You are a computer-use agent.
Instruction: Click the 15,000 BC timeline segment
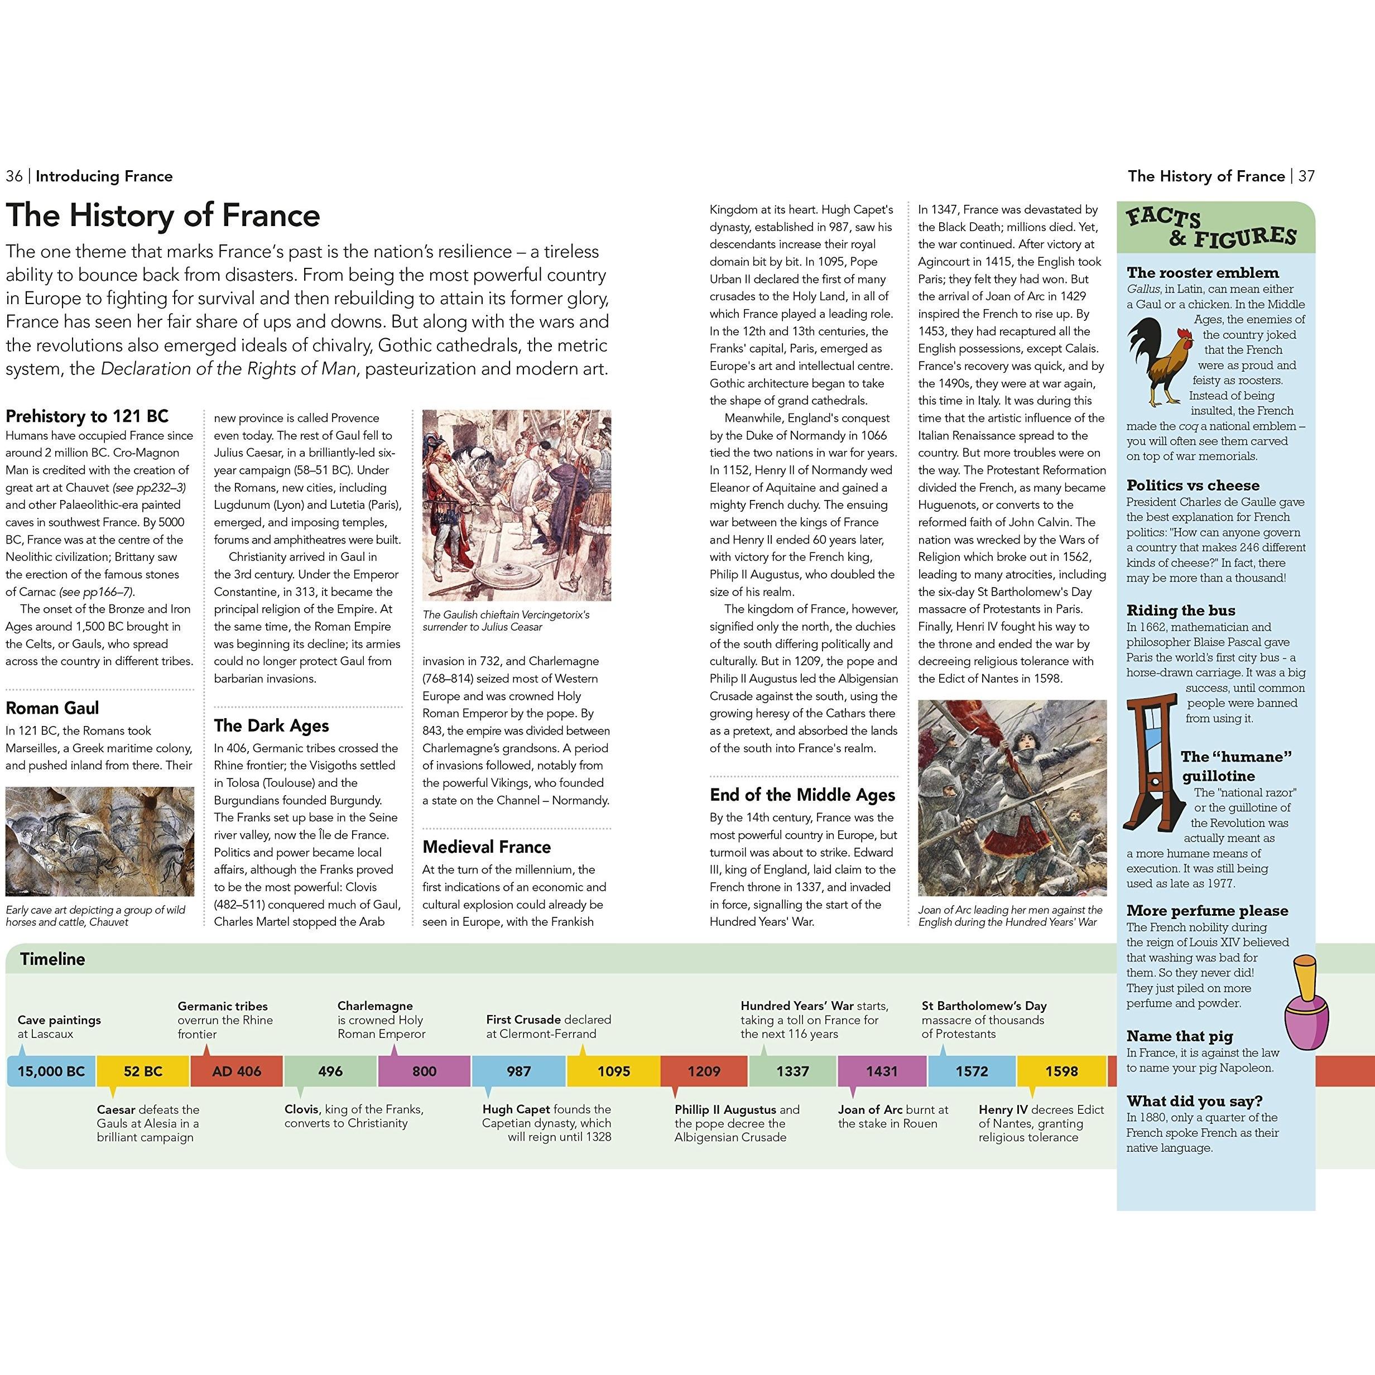click(x=51, y=1071)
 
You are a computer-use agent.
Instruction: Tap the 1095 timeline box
click(x=613, y=1071)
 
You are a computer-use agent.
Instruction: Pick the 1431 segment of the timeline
click(x=882, y=1071)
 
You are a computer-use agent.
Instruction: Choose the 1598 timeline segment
click(x=1061, y=1071)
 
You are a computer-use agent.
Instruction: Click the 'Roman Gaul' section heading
click(x=52, y=708)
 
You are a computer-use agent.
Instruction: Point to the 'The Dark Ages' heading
click(x=271, y=726)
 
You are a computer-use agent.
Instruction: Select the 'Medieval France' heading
click(x=486, y=847)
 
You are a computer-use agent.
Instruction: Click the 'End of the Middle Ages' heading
click(x=802, y=795)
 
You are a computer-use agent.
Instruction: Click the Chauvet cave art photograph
click(x=100, y=841)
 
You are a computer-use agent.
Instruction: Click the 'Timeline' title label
click(x=52, y=959)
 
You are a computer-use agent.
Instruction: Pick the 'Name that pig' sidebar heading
click(x=1179, y=1036)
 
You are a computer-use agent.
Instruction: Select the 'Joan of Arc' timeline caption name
click(x=869, y=1109)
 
